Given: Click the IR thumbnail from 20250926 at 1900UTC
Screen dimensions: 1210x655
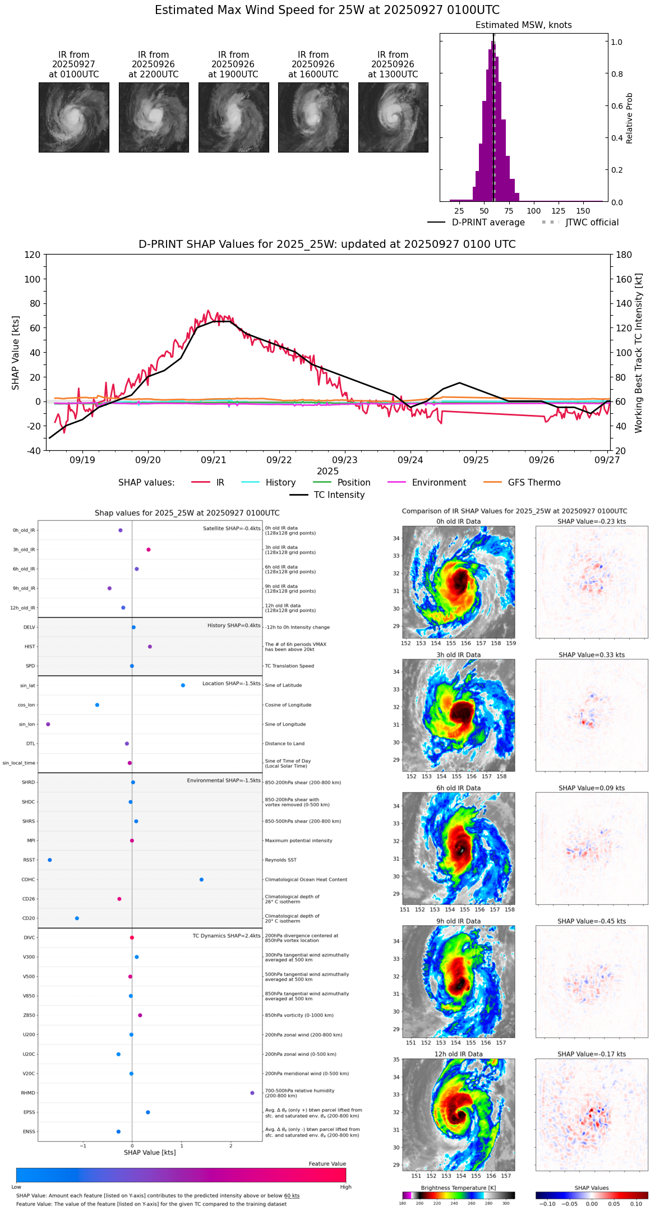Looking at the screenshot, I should pos(233,117).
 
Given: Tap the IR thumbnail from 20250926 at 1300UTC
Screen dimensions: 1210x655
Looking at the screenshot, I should pos(393,117).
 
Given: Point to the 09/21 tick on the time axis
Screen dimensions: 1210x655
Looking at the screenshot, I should pos(214,460).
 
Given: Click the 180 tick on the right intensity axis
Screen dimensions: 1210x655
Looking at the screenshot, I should pos(624,255).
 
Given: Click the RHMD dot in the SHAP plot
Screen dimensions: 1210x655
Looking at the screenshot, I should pos(252,1093).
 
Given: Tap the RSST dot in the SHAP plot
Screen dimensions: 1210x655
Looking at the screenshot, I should pos(50,860).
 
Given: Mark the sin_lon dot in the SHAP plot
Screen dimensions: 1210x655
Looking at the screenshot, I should pos(48,724).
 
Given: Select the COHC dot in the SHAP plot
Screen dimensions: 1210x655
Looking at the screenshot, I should pos(202,880).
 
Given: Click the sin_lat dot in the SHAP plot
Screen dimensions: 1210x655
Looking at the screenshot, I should pos(183,685).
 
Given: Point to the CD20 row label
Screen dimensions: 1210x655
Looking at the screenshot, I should pos(29,918).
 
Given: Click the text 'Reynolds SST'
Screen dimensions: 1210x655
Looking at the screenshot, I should pos(281,860).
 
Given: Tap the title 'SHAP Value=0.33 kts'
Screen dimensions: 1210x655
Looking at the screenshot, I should pos(592,655).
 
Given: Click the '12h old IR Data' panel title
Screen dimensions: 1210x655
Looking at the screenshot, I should pos(458,1054).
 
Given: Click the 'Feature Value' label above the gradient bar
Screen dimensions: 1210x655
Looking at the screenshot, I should pos(327,1164).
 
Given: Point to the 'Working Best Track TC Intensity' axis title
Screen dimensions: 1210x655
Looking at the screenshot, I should pos(639,353).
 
